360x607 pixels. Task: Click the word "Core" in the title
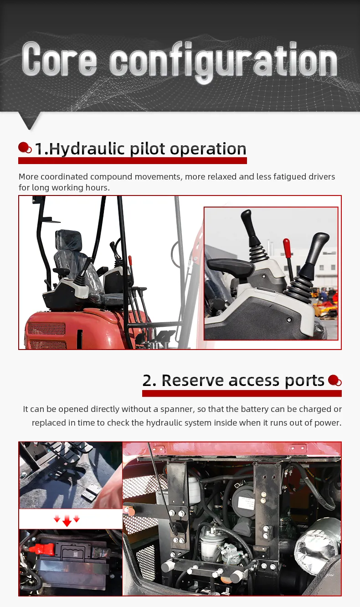pos(59,59)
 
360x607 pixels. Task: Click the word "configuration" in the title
pos(223,62)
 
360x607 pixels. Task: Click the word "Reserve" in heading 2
pos(193,380)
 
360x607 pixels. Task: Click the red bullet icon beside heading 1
pos(25,148)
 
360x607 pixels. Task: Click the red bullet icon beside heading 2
pos(334,380)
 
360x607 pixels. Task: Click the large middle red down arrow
pos(67,520)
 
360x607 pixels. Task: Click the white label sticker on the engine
pos(246,503)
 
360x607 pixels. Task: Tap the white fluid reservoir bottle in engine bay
pos(194,491)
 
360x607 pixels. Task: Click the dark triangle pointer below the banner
pos(29,120)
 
